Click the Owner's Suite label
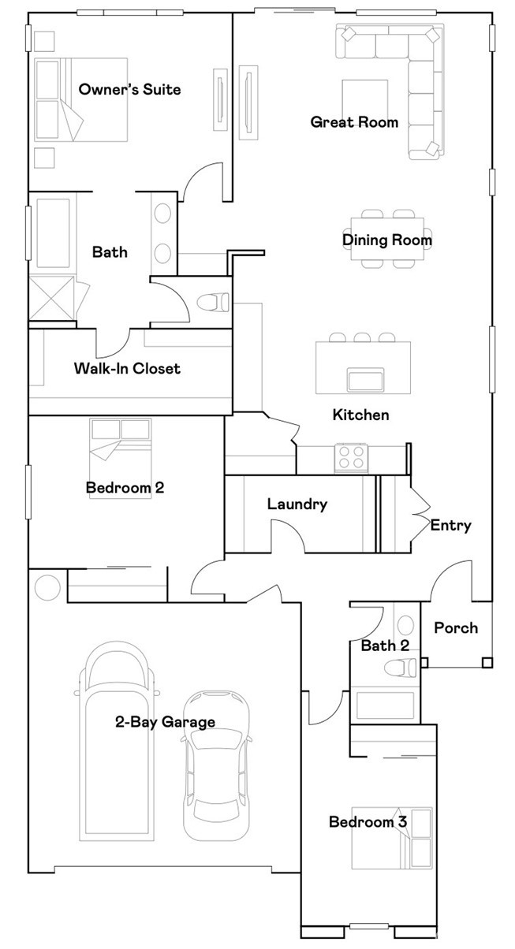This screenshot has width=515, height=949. coord(129,89)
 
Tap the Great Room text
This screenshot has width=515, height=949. coord(353,121)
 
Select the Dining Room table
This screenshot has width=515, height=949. coord(386,240)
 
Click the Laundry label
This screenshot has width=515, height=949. coord(297,504)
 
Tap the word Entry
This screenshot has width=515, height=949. coord(450,525)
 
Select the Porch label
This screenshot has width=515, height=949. coord(456,627)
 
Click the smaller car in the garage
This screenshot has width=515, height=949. coord(216,765)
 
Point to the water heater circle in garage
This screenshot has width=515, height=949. coord(47,588)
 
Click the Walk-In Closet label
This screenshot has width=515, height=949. coord(127,368)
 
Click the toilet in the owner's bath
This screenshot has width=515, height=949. coord(212,302)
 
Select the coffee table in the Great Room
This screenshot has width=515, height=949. coord(364,101)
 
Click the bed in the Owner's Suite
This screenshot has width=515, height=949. coord(81,99)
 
